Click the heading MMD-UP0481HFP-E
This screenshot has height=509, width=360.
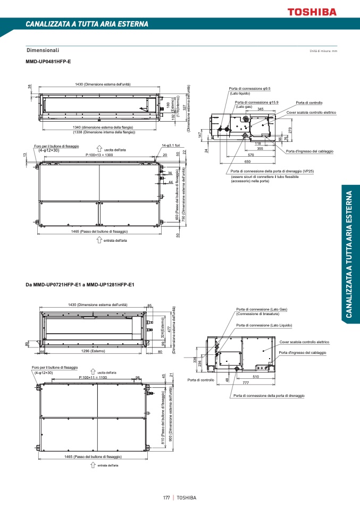coord(48,62)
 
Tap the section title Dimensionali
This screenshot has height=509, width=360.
coord(43,50)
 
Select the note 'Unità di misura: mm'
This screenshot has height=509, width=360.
coord(323,51)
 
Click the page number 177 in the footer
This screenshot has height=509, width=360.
coord(166,498)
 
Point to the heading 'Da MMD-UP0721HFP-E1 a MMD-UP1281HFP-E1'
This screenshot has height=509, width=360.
coord(80,285)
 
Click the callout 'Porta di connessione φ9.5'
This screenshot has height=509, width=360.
coord(250,89)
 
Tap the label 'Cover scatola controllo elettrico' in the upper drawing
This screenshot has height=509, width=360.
coord(311,113)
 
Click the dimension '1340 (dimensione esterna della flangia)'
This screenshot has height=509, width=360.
coord(104,128)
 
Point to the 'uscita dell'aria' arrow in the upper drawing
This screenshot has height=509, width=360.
coord(99,149)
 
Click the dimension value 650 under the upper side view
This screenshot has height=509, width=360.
coord(247,161)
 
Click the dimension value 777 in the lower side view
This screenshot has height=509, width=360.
coord(246,383)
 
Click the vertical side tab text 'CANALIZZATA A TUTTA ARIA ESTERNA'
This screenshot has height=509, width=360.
coord(349,254)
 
